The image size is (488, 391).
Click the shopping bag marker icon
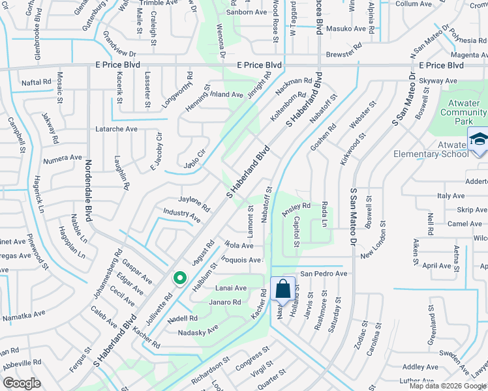click(283, 287)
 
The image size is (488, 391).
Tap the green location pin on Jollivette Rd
click(179, 278)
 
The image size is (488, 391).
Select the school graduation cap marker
click(478, 140)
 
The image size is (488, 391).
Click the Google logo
click(22, 383)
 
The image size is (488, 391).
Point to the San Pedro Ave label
click(323, 274)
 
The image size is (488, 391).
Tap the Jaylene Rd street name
click(194, 203)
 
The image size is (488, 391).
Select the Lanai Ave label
click(230, 288)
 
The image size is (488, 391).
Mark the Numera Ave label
click(63, 158)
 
